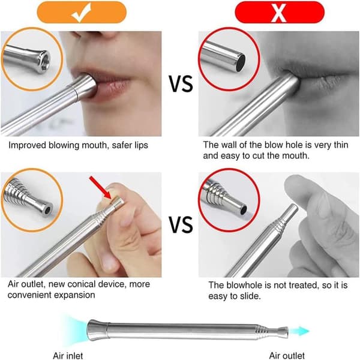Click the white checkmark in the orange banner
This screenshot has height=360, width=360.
click(x=81, y=13)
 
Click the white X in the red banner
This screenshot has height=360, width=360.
click(x=278, y=13)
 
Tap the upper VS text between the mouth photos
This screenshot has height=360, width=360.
click(x=181, y=84)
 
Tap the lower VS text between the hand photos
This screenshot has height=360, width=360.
click(x=181, y=224)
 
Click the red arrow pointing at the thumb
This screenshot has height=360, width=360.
click(x=101, y=187)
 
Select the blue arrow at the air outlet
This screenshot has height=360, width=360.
click(x=299, y=331)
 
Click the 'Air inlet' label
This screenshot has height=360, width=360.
click(x=68, y=356)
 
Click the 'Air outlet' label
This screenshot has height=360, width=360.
click(x=287, y=355)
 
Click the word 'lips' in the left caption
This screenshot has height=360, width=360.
click(x=142, y=145)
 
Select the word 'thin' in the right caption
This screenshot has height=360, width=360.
click(x=341, y=145)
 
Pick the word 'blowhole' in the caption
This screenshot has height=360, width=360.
click(x=244, y=285)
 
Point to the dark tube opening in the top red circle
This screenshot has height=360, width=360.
click(x=241, y=62)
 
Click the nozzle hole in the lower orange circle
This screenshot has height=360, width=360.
click(x=48, y=210)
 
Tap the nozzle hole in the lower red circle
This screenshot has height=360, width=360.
click(x=244, y=210)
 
